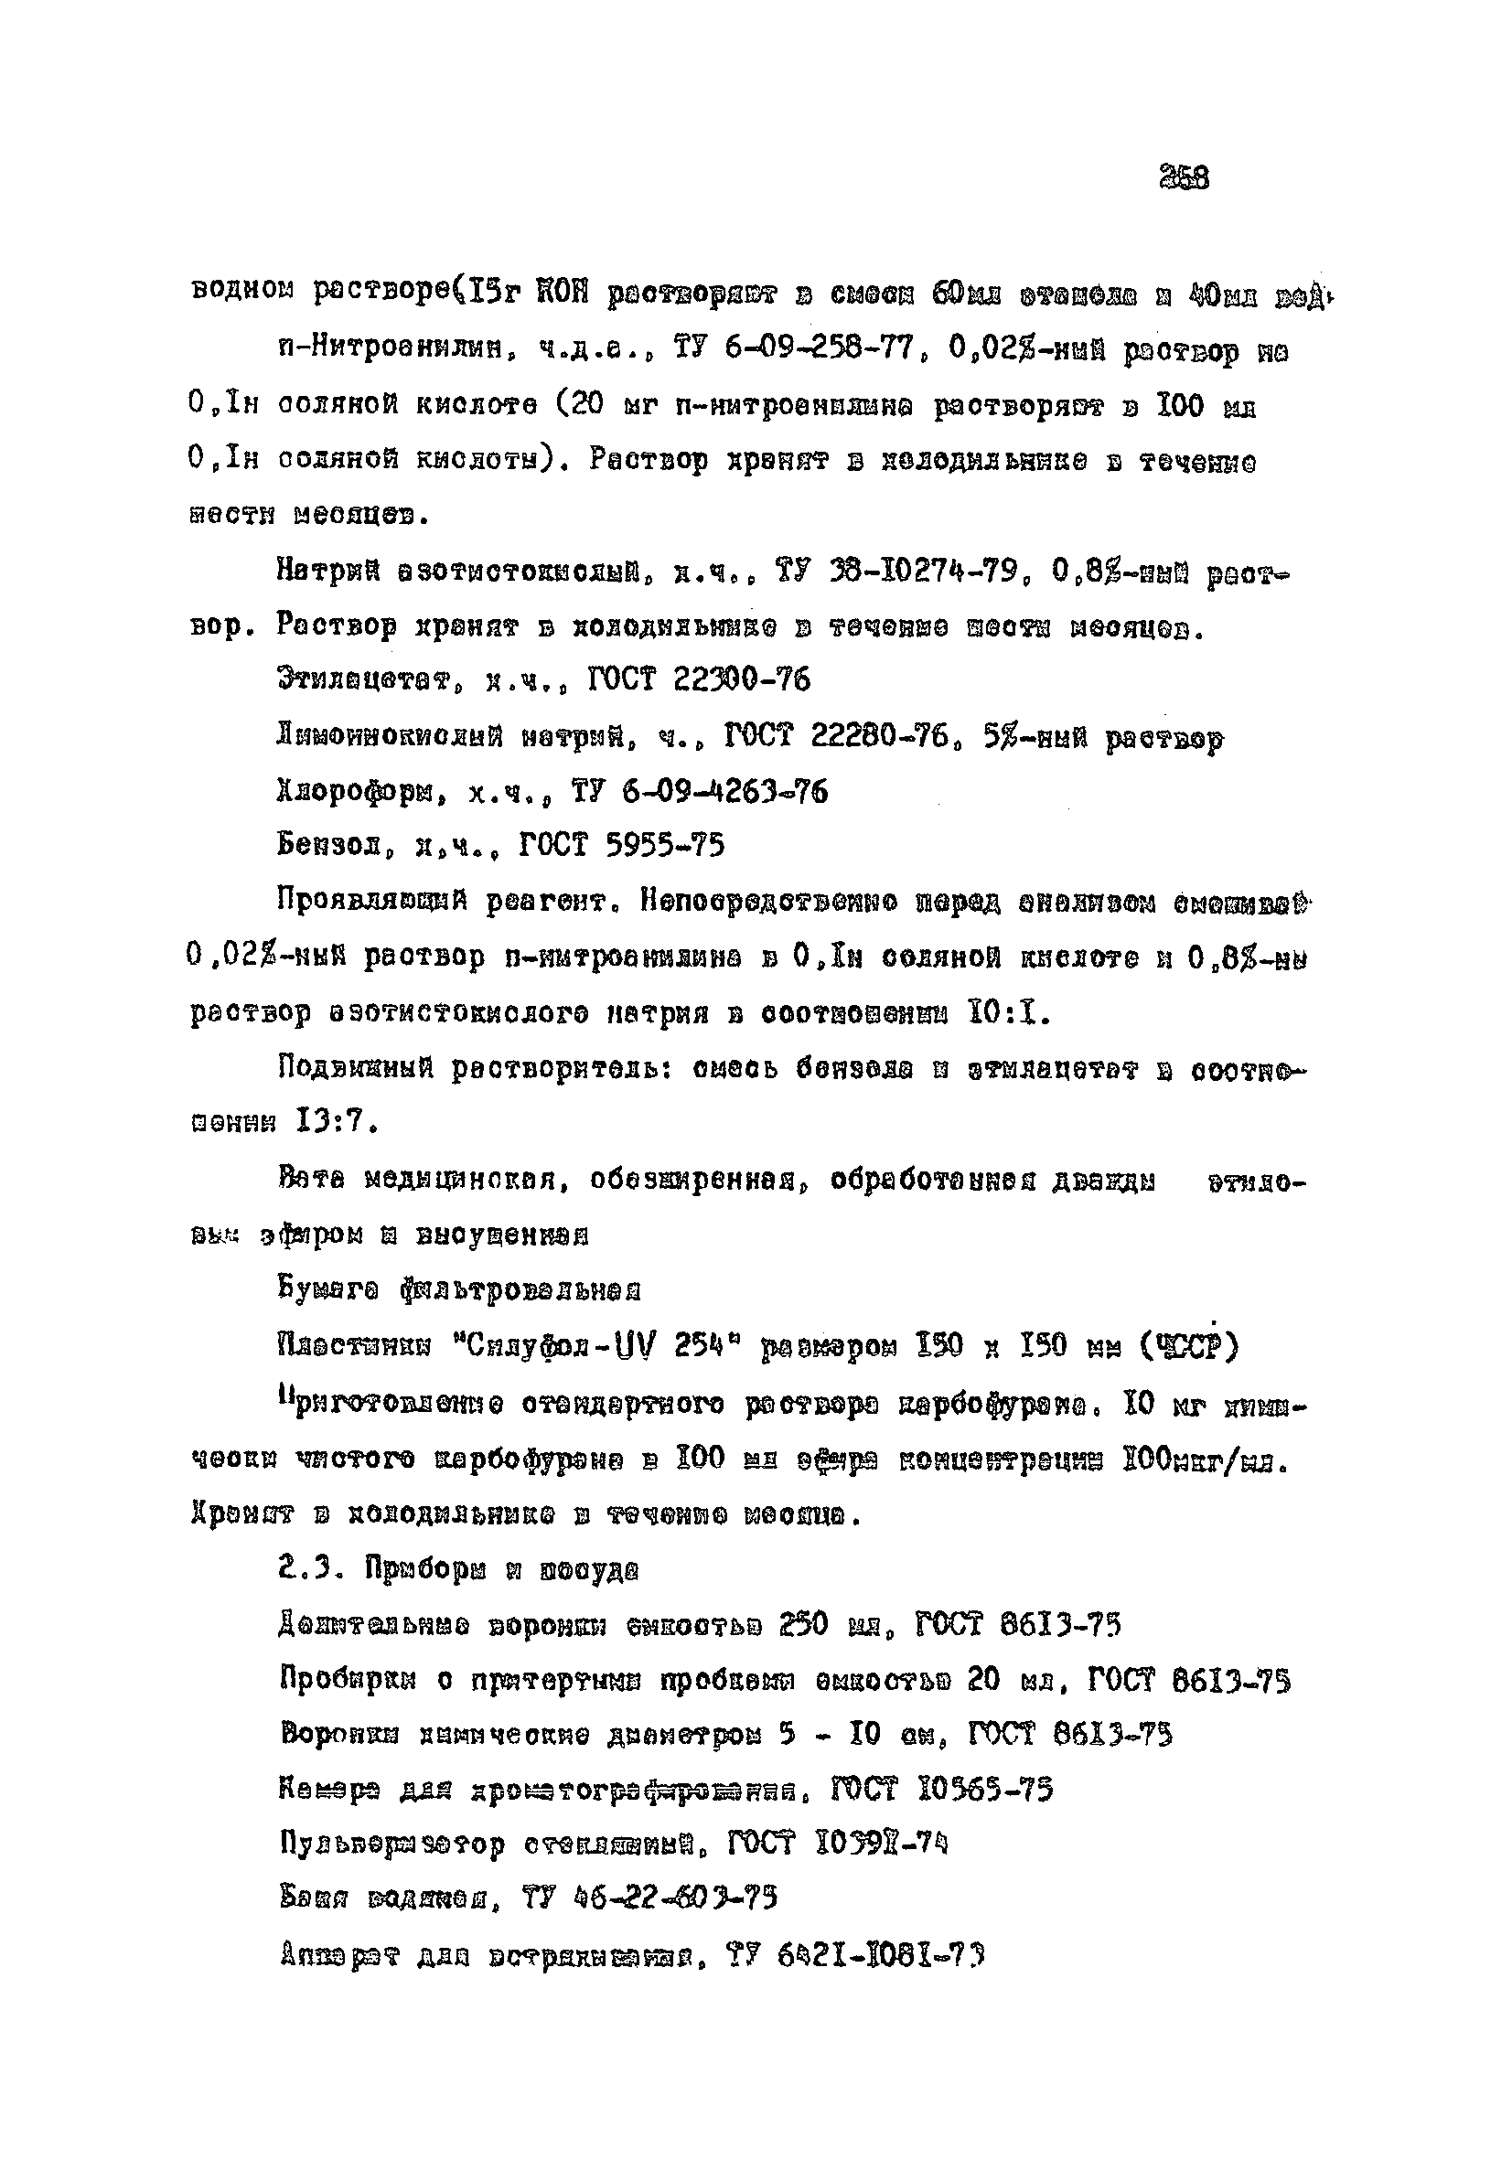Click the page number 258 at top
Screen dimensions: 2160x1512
[x=1184, y=176]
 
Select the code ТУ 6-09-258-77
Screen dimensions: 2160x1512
[x=793, y=350]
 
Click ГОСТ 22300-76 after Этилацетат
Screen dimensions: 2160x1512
[x=697, y=680]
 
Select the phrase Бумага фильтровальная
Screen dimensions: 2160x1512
[x=459, y=1288]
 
